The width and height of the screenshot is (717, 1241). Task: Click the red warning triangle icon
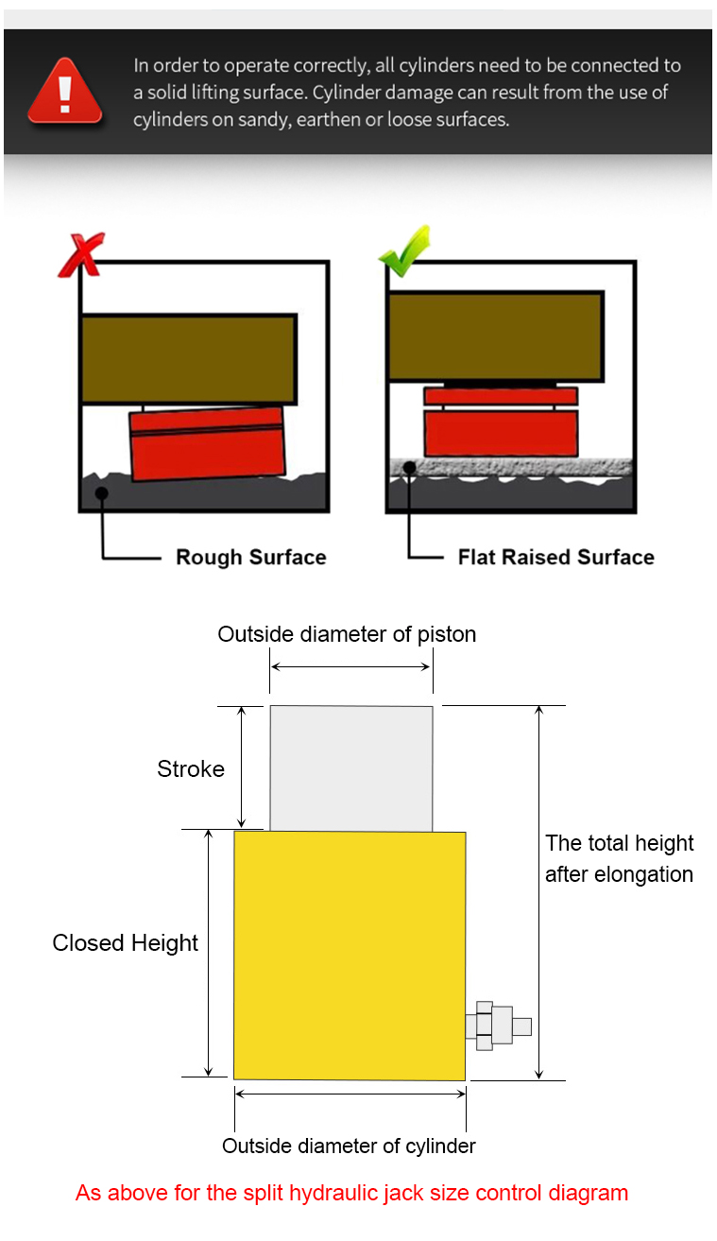(x=65, y=92)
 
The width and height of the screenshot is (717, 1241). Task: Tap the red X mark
(x=81, y=254)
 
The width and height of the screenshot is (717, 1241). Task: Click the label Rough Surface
(x=251, y=557)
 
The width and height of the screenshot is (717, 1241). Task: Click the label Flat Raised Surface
(x=555, y=557)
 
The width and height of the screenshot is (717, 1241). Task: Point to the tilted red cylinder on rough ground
(x=207, y=443)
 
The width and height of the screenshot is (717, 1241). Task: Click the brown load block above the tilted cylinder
(x=189, y=359)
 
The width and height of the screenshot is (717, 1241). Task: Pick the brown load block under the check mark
(x=496, y=336)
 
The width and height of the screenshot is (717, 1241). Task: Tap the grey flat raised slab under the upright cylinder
(x=510, y=468)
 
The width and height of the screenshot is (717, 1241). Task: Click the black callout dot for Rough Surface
(x=101, y=492)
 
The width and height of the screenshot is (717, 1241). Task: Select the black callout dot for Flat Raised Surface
(x=409, y=468)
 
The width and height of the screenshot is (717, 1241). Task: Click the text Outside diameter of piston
(x=347, y=634)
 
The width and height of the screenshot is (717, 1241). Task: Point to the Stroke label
(x=191, y=769)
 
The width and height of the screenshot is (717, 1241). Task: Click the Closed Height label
(x=125, y=943)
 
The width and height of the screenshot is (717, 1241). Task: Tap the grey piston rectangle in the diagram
(x=351, y=768)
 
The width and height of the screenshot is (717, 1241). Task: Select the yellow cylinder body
(x=350, y=956)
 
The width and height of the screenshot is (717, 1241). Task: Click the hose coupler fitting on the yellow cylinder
(x=498, y=1026)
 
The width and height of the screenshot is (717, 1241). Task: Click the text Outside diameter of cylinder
(x=349, y=1146)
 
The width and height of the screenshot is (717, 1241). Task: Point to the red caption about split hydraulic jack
(x=351, y=1193)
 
